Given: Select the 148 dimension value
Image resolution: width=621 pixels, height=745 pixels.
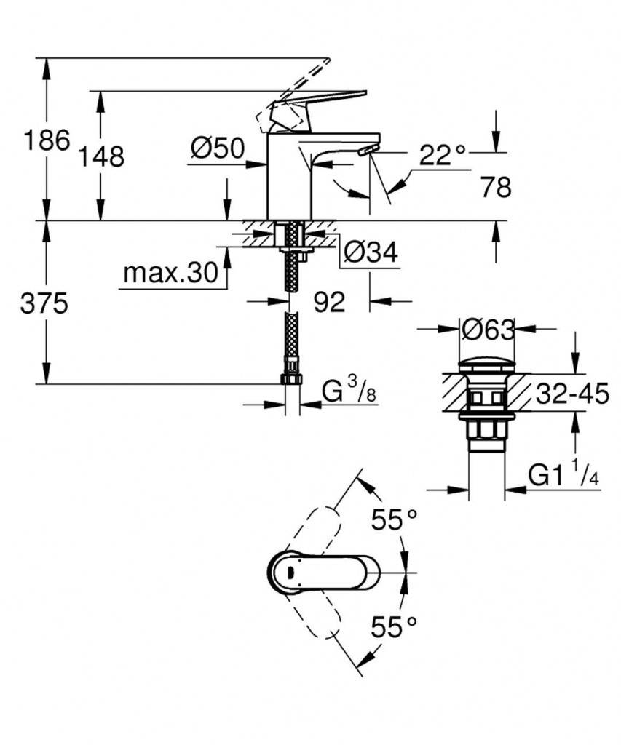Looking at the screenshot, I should [103, 156].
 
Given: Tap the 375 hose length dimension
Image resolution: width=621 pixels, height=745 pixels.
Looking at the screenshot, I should [44, 303].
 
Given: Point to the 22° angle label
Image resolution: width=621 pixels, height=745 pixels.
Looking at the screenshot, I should [442, 155].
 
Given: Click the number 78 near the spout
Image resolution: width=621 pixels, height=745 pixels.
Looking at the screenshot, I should [496, 188].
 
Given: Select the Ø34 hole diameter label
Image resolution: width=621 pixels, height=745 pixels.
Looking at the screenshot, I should [370, 252].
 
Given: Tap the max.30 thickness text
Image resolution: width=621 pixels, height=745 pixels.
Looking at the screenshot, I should [170, 274].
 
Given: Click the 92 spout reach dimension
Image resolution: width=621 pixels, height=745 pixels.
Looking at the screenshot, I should [329, 302].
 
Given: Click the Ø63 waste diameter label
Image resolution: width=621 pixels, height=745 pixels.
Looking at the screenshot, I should [488, 330].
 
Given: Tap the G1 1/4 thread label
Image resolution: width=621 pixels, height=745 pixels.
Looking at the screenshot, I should [563, 476].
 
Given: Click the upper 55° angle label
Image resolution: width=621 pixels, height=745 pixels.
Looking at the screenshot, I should [394, 519].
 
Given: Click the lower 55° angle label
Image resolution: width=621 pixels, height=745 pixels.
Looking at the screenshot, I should [394, 626].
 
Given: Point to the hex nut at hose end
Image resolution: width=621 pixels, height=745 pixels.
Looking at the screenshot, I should [292, 379].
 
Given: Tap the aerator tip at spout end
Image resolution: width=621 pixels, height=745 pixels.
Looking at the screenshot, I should [369, 149].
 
